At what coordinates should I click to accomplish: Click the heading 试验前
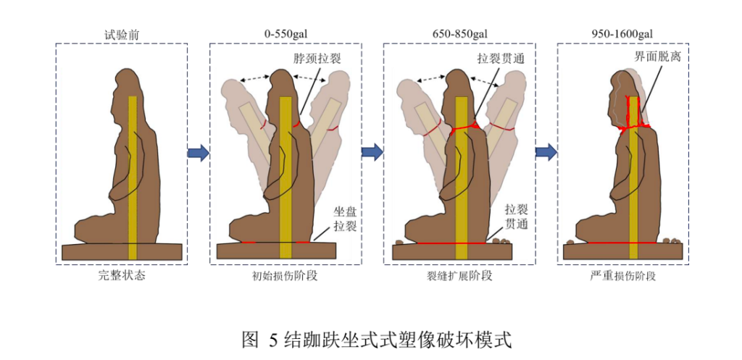click(122, 35)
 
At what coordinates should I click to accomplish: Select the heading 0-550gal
click(285, 35)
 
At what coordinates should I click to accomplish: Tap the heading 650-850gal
click(459, 35)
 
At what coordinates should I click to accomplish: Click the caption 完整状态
click(122, 275)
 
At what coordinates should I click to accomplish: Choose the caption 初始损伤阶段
click(285, 276)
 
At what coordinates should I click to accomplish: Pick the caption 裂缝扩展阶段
click(459, 276)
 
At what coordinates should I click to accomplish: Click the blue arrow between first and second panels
click(199, 153)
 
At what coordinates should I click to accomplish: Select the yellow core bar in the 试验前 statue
click(133, 177)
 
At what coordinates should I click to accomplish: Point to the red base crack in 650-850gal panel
click(452, 243)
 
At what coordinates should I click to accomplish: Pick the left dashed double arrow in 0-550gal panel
click(255, 79)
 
